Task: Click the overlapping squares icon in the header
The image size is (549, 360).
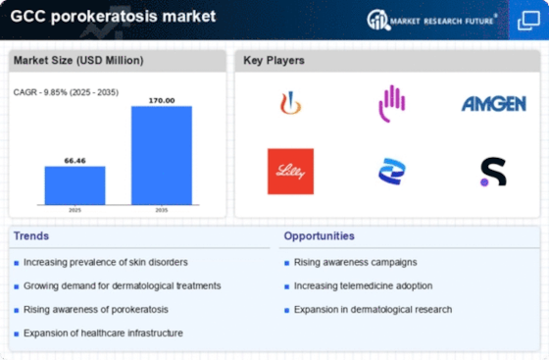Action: pyautogui.click(x=527, y=20)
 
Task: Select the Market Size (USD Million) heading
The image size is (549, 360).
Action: pyautogui.click(x=77, y=61)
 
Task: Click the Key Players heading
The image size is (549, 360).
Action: pyautogui.click(x=274, y=61)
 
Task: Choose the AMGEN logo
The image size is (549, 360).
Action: pyautogui.click(x=493, y=104)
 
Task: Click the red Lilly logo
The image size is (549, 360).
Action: pyautogui.click(x=290, y=172)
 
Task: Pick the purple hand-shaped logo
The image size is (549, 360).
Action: pyautogui.click(x=392, y=103)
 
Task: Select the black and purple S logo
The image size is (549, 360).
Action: pyautogui.click(x=493, y=172)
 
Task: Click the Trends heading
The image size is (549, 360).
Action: pyautogui.click(x=32, y=235)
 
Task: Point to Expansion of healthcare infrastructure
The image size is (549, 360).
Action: pyautogui.click(x=103, y=333)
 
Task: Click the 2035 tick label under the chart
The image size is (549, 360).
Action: pyautogui.click(x=162, y=210)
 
